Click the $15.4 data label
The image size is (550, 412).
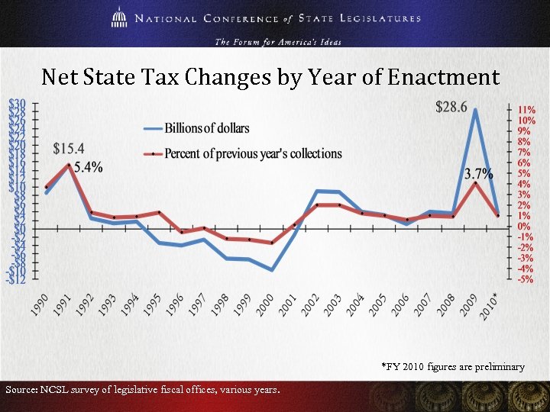coord(69,148)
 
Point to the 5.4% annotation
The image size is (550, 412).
coord(89,167)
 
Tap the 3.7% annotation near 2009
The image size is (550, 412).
coord(479,173)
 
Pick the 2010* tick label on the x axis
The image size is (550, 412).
coord(490,303)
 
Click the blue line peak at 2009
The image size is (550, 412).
coord(475,110)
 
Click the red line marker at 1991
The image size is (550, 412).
coord(70,165)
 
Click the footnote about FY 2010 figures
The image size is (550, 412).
coord(453,367)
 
